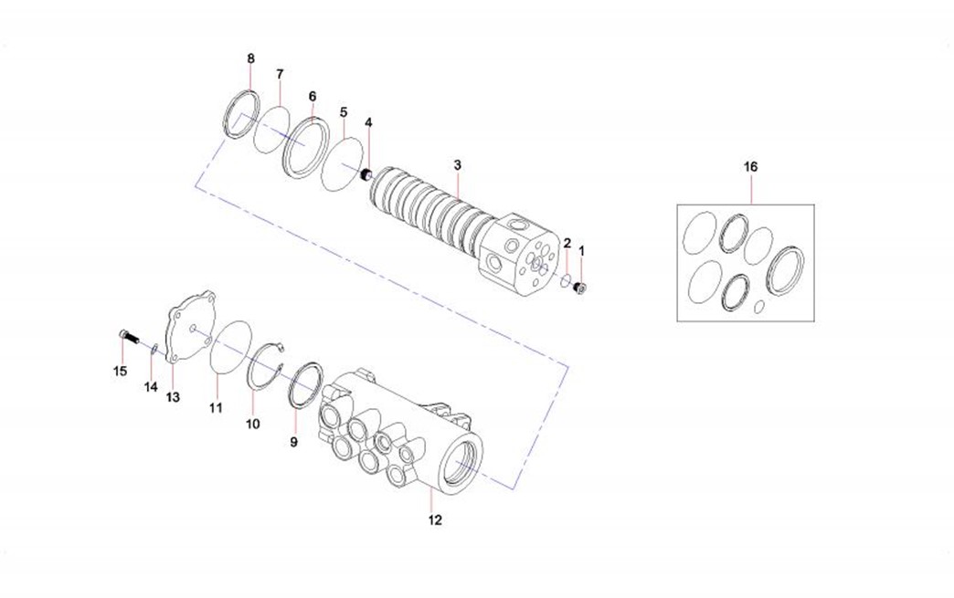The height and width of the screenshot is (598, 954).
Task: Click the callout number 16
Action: pyautogui.click(x=751, y=166)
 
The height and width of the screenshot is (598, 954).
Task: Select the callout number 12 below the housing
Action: pyautogui.click(x=435, y=520)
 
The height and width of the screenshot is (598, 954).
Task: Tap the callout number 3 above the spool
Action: pyautogui.click(x=458, y=164)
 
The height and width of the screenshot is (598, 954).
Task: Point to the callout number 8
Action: pyautogui.click(x=250, y=59)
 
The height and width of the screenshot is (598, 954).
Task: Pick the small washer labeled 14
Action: pyautogui.click(x=154, y=350)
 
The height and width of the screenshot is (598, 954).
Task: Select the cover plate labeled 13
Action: pyautogui.click(x=190, y=326)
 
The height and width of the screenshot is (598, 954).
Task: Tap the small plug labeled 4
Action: pyautogui.click(x=365, y=175)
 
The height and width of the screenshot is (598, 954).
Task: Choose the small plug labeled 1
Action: pyautogui.click(x=580, y=289)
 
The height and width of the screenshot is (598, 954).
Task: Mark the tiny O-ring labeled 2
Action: pyautogui.click(x=566, y=281)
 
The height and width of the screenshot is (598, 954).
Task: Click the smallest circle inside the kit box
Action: pyautogui.click(x=758, y=308)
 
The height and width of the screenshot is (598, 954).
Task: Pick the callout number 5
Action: pyautogui.click(x=344, y=112)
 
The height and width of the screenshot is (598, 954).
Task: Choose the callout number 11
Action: pyautogui.click(x=216, y=408)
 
